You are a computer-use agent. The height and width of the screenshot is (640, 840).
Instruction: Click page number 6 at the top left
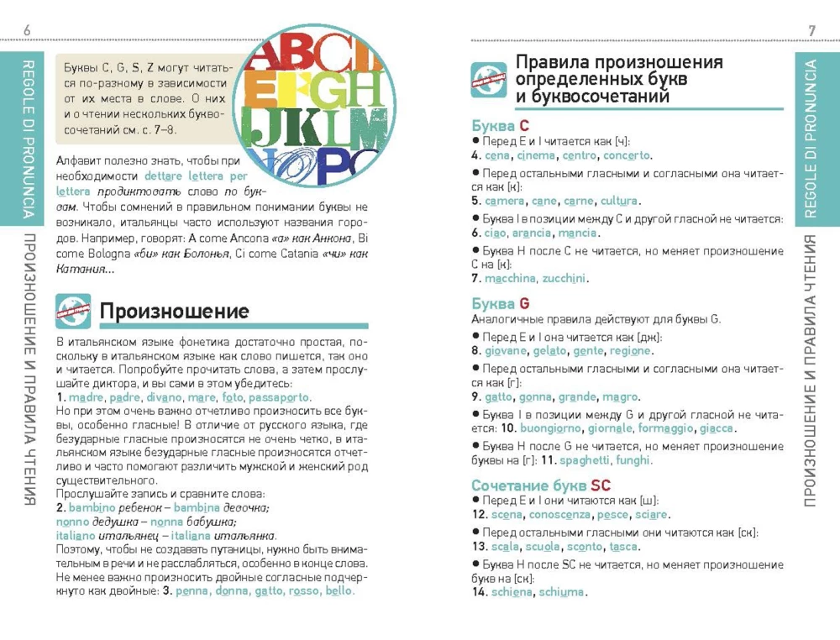(x=28, y=31)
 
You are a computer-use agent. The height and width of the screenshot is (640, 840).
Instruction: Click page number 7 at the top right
(x=812, y=31)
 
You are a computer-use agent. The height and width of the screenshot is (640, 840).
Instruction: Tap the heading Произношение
(x=174, y=312)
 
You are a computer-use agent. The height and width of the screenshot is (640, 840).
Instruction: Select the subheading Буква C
(x=500, y=126)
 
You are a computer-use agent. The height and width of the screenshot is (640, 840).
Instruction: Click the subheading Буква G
(x=501, y=303)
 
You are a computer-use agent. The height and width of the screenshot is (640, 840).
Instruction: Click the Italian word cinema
(x=536, y=155)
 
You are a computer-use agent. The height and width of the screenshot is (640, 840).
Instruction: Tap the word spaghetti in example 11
(x=585, y=460)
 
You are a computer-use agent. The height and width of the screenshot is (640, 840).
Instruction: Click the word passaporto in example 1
(x=280, y=397)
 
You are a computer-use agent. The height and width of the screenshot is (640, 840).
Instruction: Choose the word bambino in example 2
(x=92, y=508)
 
